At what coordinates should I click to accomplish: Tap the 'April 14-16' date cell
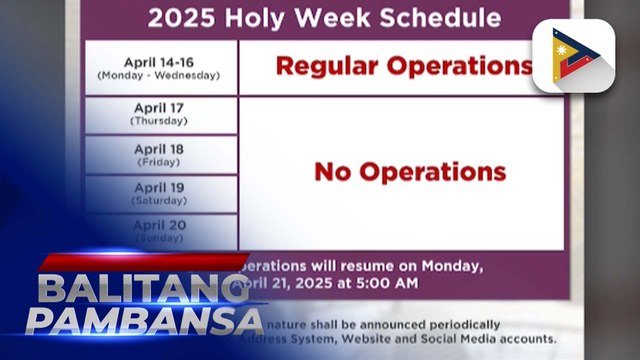[161, 67]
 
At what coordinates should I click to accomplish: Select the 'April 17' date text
[160, 109]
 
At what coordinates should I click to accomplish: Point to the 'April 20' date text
[160, 226]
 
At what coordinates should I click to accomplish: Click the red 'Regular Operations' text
[404, 66]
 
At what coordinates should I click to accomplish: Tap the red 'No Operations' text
[410, 171]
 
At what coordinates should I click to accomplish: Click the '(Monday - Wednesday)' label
[160, 76]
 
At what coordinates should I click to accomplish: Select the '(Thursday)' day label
[160, 121]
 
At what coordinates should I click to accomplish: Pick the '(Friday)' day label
[160, 160]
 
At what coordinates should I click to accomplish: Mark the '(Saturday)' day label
[160, 199]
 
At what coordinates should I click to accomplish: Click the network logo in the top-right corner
[573, 56]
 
